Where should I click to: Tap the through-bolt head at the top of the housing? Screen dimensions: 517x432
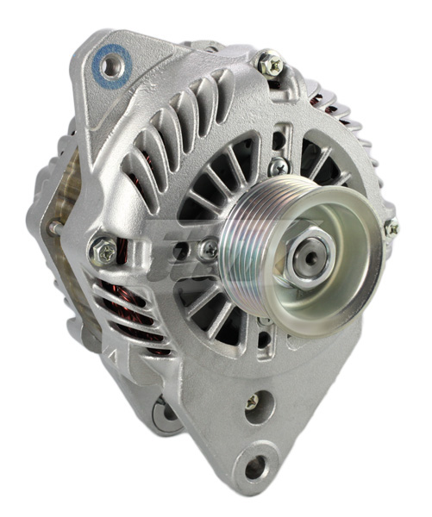pyautogui.click(x=269, y=62)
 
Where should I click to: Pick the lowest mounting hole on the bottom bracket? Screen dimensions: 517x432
pyautogui.click(x=256, y=468)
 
